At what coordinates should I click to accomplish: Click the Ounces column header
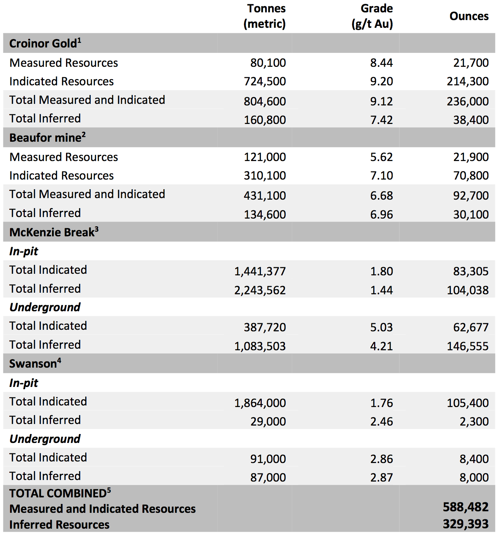click(469, 16)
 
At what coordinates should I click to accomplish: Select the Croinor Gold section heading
click(45, 43)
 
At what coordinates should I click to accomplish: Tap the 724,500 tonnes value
click(265, 81)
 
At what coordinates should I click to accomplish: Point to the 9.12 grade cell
click(381, 101)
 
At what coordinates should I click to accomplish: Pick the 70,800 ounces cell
click(471, 176)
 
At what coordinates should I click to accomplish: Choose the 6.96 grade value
click(381, 214)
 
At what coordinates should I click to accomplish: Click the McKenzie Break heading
click(54, 232)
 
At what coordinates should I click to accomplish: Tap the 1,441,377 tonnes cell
click(260, 271)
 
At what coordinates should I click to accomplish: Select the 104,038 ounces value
click(468, 290)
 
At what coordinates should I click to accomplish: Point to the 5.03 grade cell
click(381, 327)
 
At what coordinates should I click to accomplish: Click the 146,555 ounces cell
click(468, 346)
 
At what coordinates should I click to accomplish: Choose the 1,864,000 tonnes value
click(260, 403)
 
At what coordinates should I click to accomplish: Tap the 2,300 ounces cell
click(474, 421)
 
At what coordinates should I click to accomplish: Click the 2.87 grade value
click(381, 477)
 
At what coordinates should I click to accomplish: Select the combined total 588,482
click(466, 507)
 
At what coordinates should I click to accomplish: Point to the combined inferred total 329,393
click(466, 524)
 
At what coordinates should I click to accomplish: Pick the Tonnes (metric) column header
click(265, 16)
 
